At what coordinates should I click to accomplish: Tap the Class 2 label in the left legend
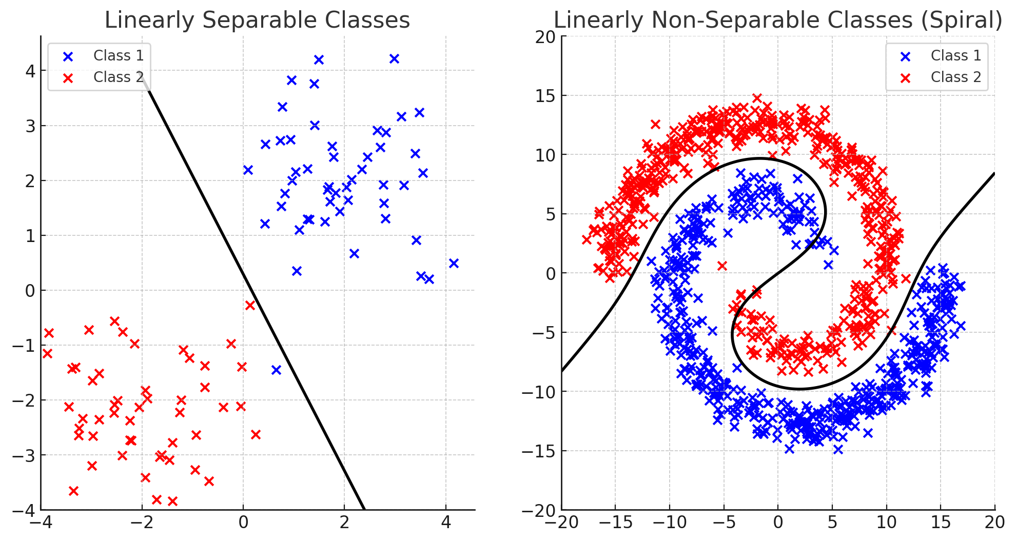(x=119, y=77)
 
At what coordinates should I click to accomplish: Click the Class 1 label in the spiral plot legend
(x=956, y=55)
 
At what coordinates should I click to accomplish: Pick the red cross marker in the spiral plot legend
(x=906, y=78)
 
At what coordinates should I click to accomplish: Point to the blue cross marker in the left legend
(x=68, y=56)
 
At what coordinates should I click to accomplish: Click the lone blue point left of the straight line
(x=276, y=370)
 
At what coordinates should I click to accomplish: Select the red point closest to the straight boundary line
(x=250, y=305)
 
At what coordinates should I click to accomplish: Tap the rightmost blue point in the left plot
(x=454, y=263)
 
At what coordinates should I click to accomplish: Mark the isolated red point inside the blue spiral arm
(x=722, y=266)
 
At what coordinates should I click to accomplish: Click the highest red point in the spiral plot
(x=757, y=98)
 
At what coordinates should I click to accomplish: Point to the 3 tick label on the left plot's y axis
(x=30, y=126)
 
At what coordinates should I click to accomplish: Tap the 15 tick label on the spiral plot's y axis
(x=545, y=96)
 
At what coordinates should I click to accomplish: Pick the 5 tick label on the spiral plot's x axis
(x=832, y=523)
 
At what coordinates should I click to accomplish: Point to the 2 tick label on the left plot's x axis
(x=344, y=523)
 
